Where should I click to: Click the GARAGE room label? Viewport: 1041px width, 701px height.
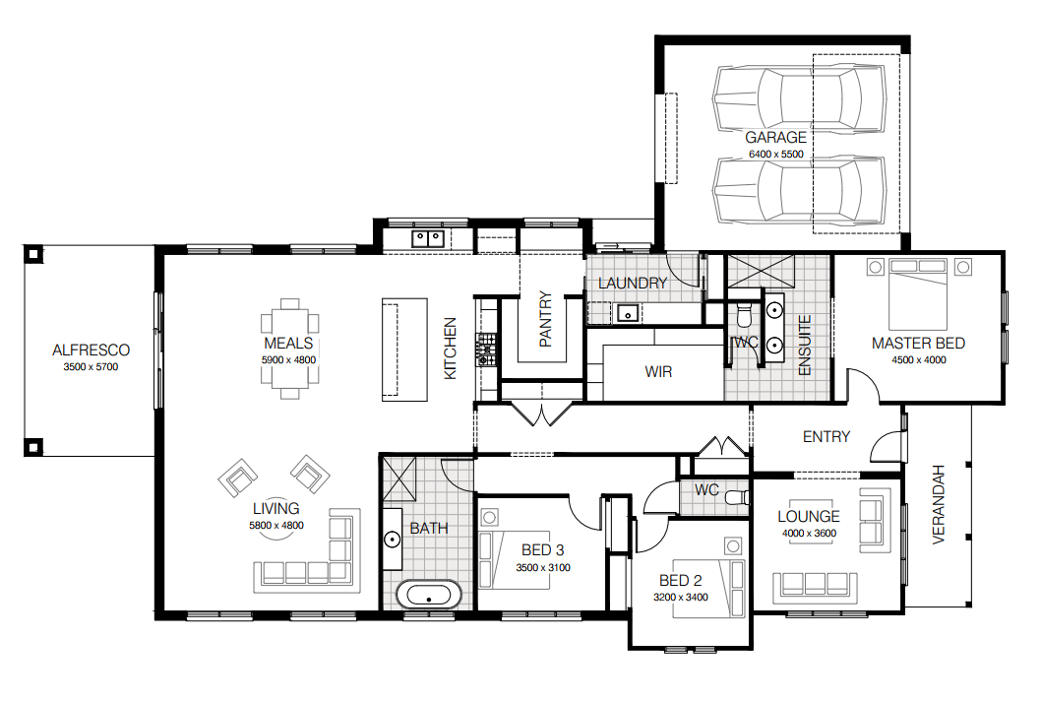(x=775, y=138)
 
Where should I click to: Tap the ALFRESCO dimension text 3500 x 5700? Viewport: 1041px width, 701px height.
(x=91, y=367)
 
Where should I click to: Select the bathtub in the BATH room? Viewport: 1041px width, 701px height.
(x=429, y=595)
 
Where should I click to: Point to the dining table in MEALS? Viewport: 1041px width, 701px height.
(x=289, y=349)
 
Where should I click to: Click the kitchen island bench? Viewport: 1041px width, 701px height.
(x=404, y=350)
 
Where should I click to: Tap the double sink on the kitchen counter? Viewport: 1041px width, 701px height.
(x=428, y=238)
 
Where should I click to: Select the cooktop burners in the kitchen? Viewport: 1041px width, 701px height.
(x=486, y=350)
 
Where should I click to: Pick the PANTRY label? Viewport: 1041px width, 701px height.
(x=546, y=319)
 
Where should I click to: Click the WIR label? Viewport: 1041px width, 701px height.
(x=658, y=372)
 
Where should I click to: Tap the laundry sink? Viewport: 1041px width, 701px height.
(x=628, y=312)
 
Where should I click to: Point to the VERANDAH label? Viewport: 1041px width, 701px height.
(x=938, y=505)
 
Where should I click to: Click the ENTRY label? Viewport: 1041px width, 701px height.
(x=826, y=436)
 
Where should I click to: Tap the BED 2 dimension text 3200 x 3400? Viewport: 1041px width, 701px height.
(x=681, y=598)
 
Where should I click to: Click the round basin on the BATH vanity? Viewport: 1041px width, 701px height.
(x=393, y=540)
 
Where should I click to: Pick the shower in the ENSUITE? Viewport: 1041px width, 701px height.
(x=761, y=271)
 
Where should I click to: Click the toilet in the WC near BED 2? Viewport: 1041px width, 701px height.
(x=737, y=497)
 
